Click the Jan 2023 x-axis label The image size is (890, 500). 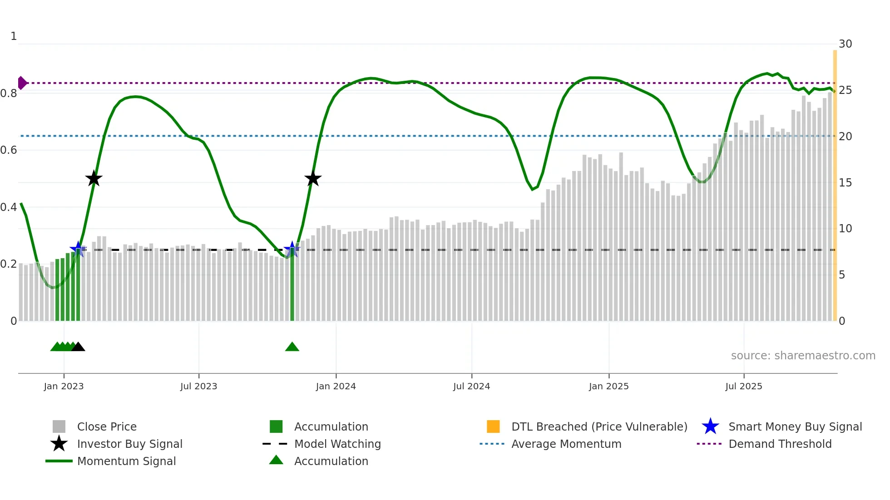click(x=64, y=386)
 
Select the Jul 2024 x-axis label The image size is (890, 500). click(x=471, y=386)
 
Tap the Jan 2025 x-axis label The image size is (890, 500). click(x=608, y=386)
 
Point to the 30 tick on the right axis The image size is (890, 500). click(x=845, y=44)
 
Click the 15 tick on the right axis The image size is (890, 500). click(x=845, y=183)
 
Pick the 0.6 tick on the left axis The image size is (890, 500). click(x=9, y=150)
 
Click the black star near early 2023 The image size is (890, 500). click(x=94, y=179)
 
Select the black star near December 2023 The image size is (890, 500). click(x=313, y=179)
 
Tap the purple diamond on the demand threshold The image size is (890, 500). click(x=22, y=83)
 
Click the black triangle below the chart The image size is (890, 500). click(x=78, y=347)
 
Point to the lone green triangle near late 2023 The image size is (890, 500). click(x=292, y=347)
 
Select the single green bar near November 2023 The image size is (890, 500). click(x=292, y=286)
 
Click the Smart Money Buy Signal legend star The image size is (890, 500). click(x=710, y=426)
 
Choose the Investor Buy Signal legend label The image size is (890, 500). click(x=130, y=444)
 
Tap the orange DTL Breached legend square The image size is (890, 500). click(x=493, y=426)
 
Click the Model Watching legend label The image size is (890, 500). click(x=337, y=444)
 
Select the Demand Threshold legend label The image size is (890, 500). click(x=780, y=444)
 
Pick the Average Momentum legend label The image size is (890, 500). click(x=566, y=444)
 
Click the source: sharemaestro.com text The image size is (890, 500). click(x=803, y=356)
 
